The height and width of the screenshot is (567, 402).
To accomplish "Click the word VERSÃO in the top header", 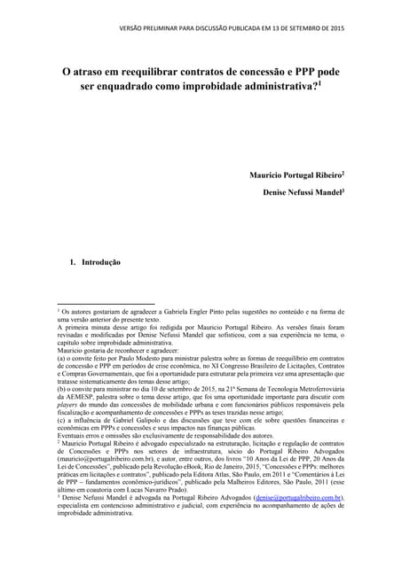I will pos(132,27).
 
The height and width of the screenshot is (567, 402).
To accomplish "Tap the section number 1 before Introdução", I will pos(72,263).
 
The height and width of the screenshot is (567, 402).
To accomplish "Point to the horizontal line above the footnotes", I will pos(106,304).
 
